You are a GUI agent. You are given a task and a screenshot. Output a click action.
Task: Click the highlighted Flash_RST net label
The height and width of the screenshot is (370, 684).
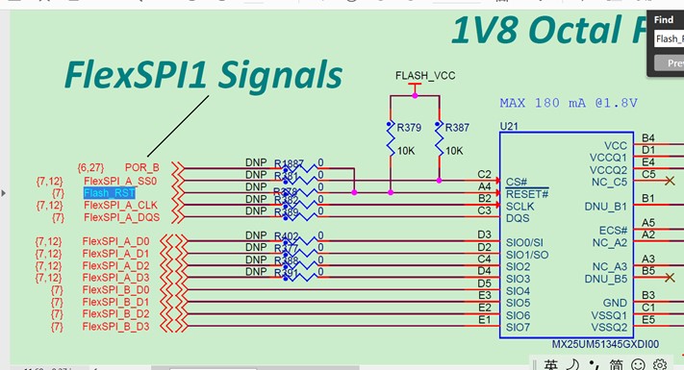pyautogui.click(x=110, y=193)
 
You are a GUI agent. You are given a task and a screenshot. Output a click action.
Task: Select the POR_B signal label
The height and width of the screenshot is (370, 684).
pyautogui.click(x=141, y=167)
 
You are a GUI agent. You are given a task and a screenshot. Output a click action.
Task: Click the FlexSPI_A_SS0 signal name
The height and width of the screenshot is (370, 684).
pyautogui.click(x=119, y=181)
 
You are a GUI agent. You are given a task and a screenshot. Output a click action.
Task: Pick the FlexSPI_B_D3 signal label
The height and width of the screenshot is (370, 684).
pyautogui.click(x=115, y=327)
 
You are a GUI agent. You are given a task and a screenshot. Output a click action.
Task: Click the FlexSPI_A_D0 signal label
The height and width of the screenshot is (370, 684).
pyautogui.click(x=115, y=241)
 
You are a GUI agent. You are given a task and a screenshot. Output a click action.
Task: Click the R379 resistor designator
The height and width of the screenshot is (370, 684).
pyautogui.click(x=409, y=126)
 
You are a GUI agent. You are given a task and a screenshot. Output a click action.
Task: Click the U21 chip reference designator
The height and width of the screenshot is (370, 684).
pyautogui.click(x=509, y=126)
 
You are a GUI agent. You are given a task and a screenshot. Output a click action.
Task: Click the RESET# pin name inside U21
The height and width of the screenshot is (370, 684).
pyautogui.click(x=526, y=193)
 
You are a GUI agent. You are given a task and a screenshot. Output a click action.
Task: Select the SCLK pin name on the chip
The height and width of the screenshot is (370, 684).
pyautogui.click(x=519, y=206)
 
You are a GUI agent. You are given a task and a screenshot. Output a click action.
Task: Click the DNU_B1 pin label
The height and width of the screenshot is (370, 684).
pyautogui.click(x=605, y=206)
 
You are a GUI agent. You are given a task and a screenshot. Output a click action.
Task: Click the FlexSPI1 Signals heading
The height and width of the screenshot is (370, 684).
pyautogui.click(x=203, y=75)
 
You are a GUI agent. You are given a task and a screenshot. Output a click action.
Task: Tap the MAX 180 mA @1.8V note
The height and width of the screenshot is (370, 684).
pyautogui.click(x=568, y=102)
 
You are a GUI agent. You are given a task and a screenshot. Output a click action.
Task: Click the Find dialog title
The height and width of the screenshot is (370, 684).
pyautogui.click(x=664, y=19)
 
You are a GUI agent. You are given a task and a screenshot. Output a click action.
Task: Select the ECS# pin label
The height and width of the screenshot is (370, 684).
pyautogui.click(x=613, y=230)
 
